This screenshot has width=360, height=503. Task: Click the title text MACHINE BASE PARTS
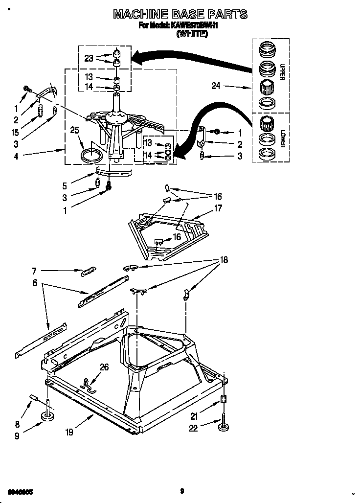pyautogui.click(x=180, y=14)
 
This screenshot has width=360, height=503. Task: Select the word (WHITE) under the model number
pyautogui.click(x=193, y=34)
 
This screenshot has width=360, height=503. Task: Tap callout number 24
pyautogui.click(x=216, y=86)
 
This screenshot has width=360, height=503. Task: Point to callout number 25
pyautogui.click(x=74, y=130)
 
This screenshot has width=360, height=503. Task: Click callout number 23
pyautogui.click(x=89, y=58)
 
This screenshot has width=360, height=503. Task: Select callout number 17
pyautogui.click(x=218, y=208)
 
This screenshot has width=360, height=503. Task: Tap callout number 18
pyautogui.click(x=223, y=260)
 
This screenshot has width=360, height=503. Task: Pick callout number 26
pyautogui.click(x=104, y=367)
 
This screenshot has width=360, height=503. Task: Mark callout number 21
pyautogui.click(x=194, y=417)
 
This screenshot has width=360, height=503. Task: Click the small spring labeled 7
pyautogui.click(x=89, y=271)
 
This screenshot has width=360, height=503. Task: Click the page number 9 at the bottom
pyautogui.click(x=181, y=491)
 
